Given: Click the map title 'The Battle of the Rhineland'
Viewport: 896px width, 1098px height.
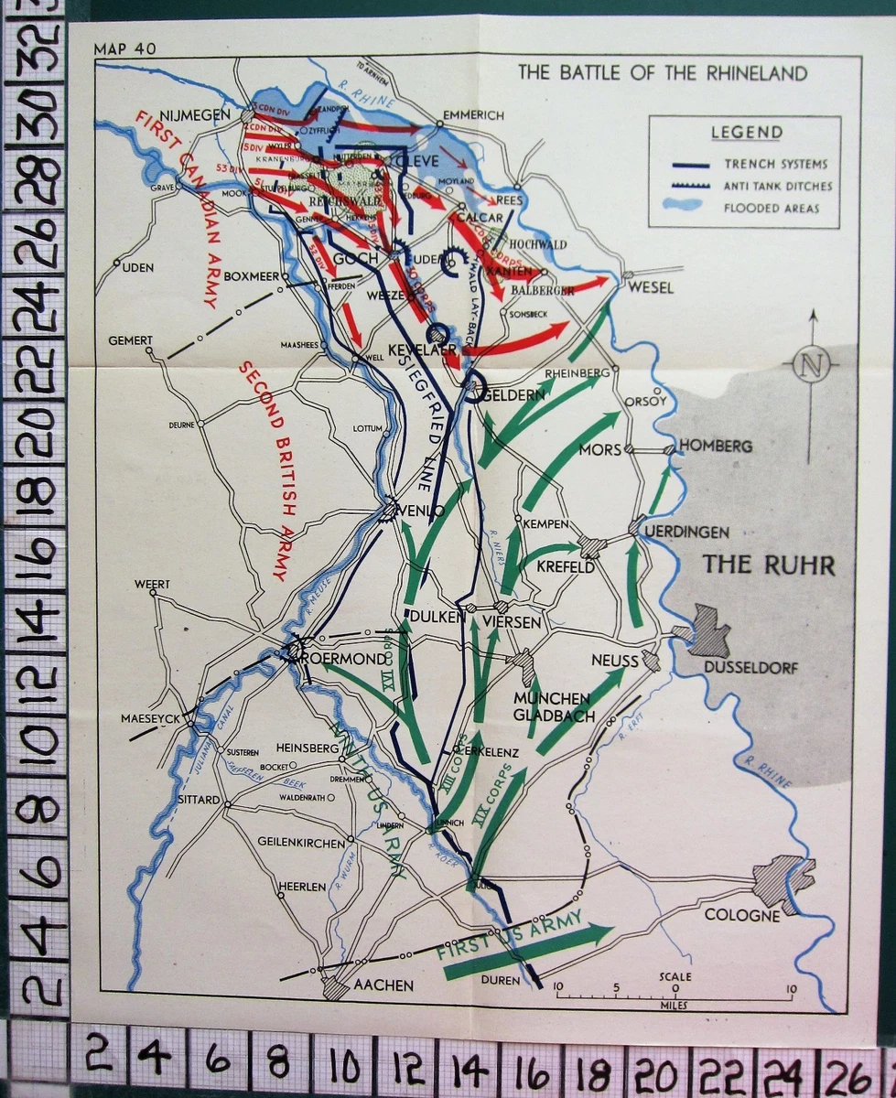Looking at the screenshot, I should point(663,73).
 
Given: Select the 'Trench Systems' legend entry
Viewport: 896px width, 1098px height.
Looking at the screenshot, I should point(775,164).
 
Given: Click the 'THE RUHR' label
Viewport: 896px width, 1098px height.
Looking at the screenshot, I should point(768,565).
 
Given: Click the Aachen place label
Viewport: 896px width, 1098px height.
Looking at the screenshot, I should point(383,985).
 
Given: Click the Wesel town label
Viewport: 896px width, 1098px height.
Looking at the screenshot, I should point(651,287).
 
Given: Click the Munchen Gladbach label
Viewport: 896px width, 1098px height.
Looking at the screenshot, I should point(551,706).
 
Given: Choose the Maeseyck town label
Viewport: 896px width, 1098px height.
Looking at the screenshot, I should point(150,717).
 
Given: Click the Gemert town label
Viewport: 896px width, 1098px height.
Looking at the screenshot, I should point(130,340).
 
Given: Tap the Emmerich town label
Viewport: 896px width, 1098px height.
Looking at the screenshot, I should point(473,115).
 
